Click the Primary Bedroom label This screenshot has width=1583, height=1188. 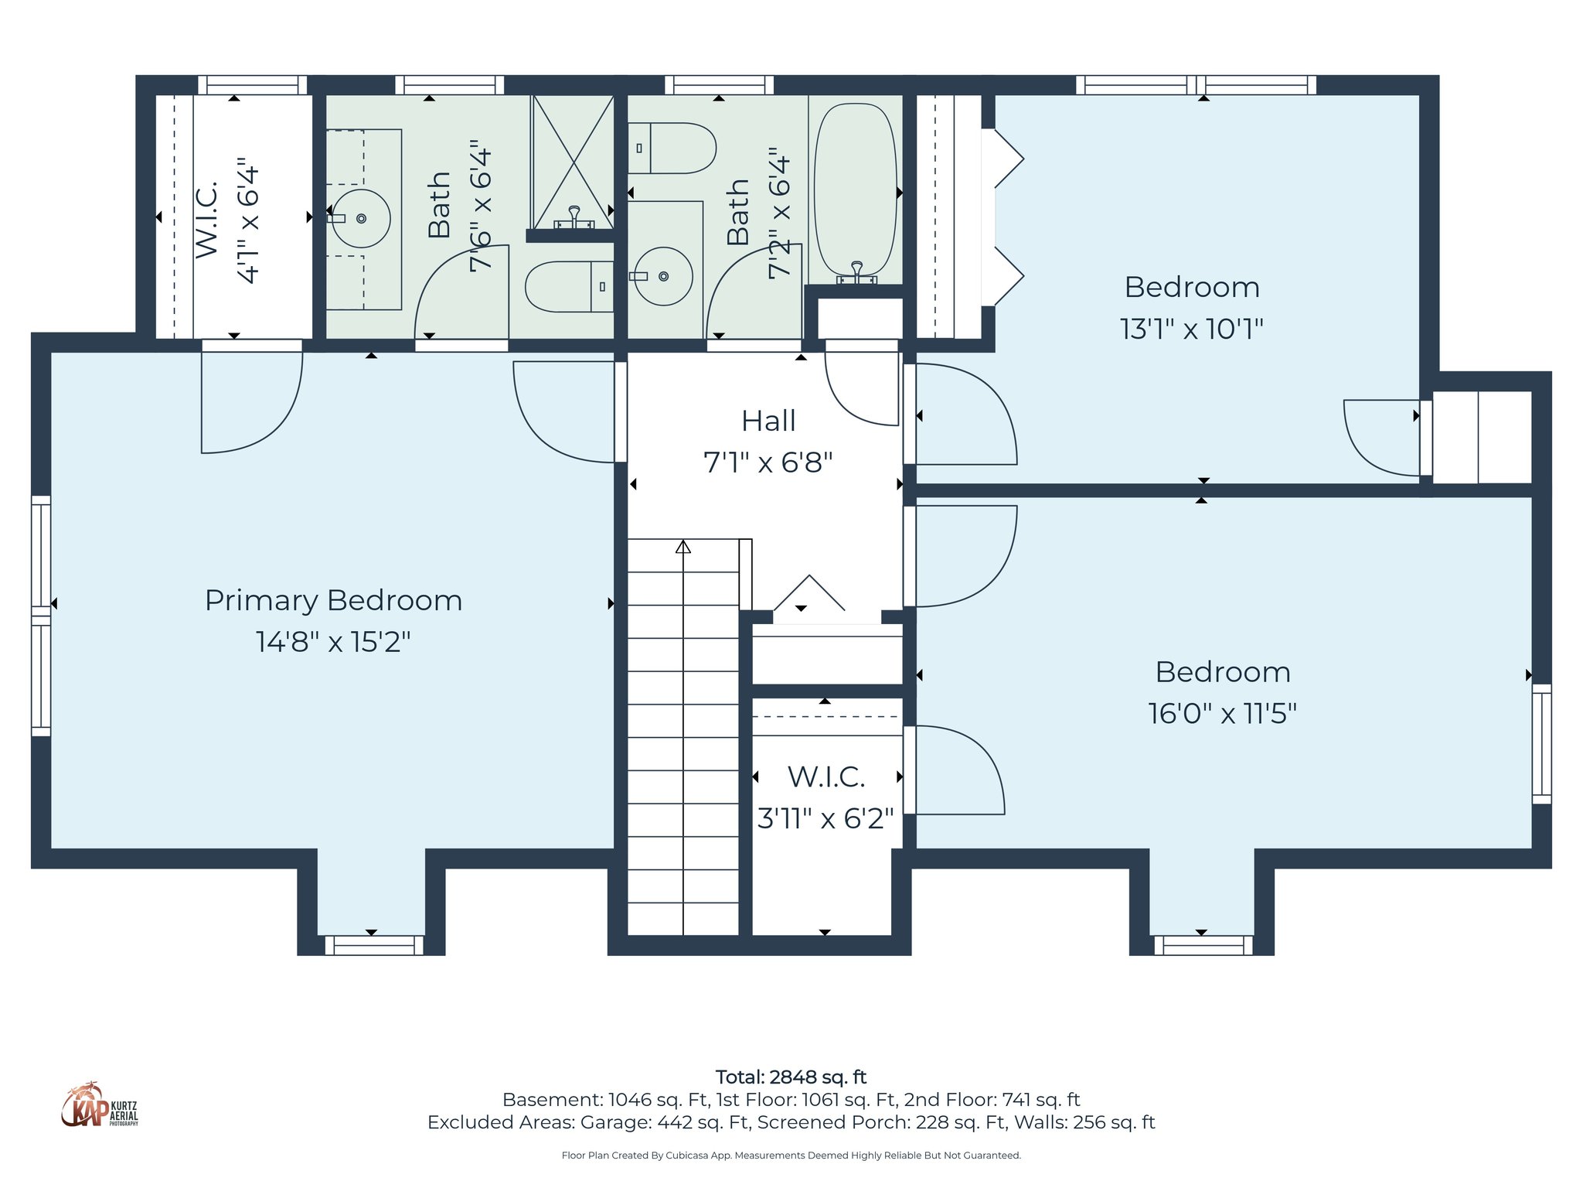point(333,600)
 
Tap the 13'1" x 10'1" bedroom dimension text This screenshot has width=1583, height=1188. point(1191,329)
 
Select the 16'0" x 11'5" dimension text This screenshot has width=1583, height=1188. point(1222,713)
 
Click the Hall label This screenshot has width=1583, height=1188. point(768,421)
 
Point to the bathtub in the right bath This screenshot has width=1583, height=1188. point(856,189)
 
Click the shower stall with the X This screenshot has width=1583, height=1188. point(572,161)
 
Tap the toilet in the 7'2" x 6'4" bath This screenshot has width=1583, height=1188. point(672,148)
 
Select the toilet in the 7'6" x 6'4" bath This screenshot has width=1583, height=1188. point(569,286)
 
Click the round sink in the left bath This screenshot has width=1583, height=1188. point(362,218)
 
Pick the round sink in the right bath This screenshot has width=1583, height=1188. point(663,276)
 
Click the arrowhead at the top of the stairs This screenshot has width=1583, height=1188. point(683,548)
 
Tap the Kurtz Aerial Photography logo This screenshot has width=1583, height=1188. point(99,1105)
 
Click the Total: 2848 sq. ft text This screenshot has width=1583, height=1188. point(791,1077)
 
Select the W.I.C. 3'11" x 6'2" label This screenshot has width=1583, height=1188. point(826,797)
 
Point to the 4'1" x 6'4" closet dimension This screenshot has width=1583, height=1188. point(248,221)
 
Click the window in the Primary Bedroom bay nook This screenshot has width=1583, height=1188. point(373,944)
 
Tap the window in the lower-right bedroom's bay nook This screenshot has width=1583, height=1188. point(1203,944)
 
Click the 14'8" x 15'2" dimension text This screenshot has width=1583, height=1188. point(333,642)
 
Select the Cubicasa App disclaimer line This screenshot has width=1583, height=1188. point(791,1156)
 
